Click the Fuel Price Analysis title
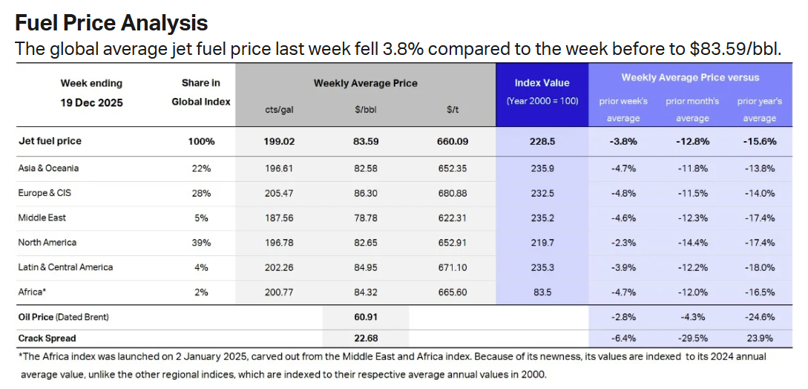[x=111, y=23]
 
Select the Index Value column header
[x=542, y=82]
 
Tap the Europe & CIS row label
[x=45, y=193]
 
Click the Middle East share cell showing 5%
[x=200, y=218]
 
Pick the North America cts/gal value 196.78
[x=280, y=243]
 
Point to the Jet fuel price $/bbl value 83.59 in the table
[x=367, y=141]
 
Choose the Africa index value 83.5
[x=542, y=292]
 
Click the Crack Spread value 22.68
[x=367, y=338]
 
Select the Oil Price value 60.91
[x=367, y=317]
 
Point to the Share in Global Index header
[x=200, y=92]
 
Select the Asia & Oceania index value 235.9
[x=542, y=169]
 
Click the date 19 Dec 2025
[x=91, y=102]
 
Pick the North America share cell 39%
[x=200, y=243]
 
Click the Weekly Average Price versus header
[x=690, y=77]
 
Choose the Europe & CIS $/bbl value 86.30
[x=367, y=193]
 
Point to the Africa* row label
[x=33, y=292]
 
